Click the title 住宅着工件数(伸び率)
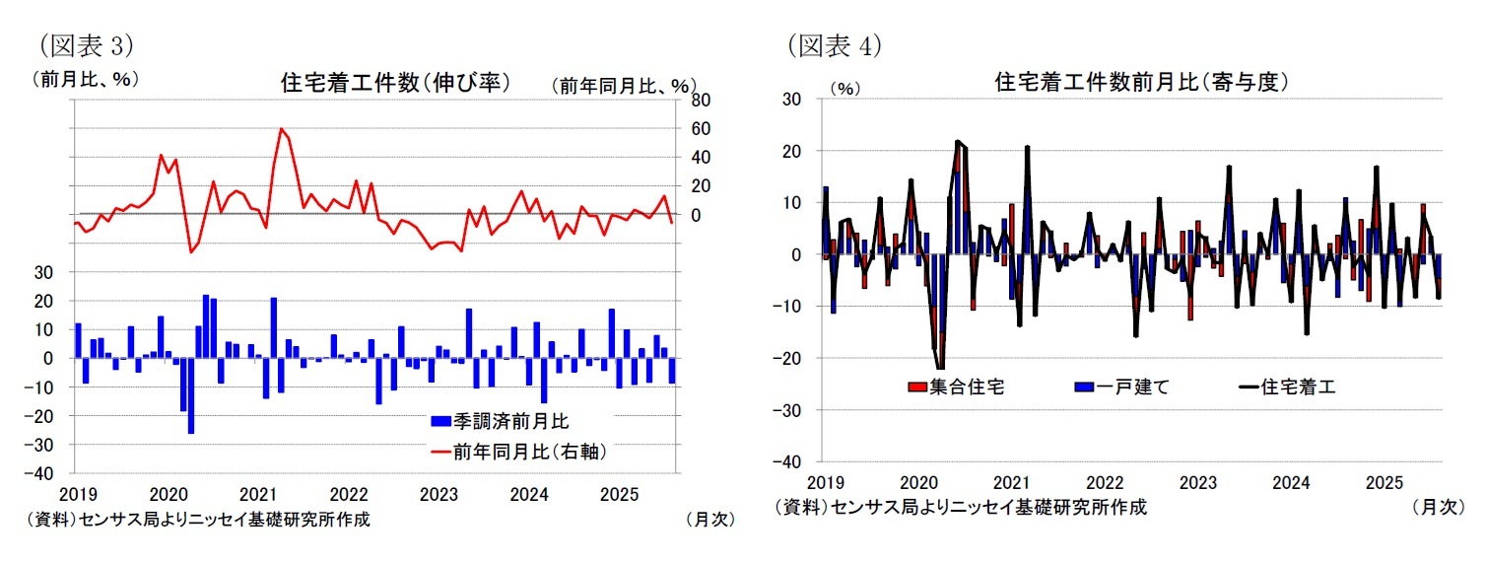(x=395, y=83)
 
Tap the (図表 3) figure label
(x=84, y=44)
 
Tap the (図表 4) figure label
(x=834, y=44)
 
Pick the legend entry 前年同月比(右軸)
(x=517, y=452)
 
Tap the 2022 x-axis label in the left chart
(x=348, y=493)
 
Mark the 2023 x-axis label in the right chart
(x=1197, y=482)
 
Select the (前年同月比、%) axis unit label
(x=623, y=86)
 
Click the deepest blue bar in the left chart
(x=191, y=395)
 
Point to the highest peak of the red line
(x=282, y=128)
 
